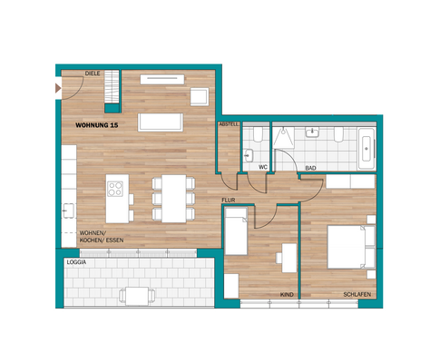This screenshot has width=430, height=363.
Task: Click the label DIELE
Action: [92, 74]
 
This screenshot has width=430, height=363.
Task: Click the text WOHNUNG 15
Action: [97, 123]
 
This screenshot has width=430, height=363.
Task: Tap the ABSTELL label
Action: [228, 124]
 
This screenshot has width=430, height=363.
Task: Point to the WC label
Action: [262, 167]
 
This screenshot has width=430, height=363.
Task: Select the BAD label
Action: [310, 168]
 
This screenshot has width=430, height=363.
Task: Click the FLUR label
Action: [229, 198]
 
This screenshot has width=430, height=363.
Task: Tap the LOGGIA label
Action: [77, 262]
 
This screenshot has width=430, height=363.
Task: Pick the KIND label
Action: [288, 295]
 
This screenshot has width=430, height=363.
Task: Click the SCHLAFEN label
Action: [356, 295]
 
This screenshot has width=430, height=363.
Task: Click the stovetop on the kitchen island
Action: [116, 190]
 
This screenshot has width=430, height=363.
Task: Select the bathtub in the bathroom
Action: [366, 148]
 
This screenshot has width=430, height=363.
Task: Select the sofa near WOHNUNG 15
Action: [161, 122]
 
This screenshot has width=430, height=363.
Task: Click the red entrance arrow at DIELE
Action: [59, 88]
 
